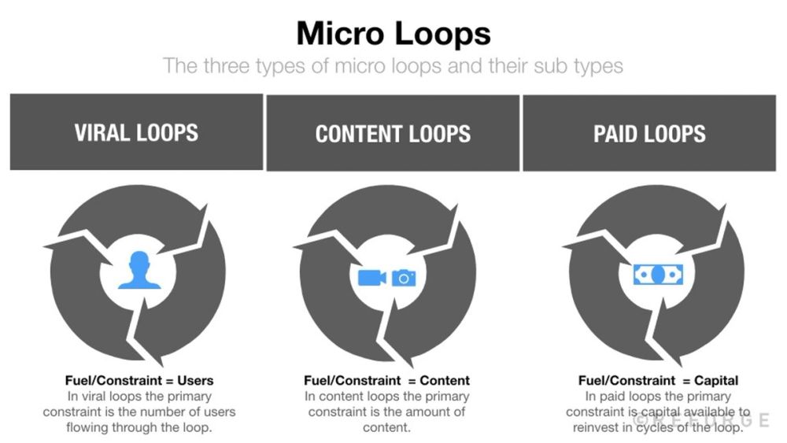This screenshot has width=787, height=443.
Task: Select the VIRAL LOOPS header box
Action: click(x=136, y=132)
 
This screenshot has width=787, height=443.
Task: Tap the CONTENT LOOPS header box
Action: click(x=393, y=133)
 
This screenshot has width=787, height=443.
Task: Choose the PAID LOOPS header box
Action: click(x=649, y=132)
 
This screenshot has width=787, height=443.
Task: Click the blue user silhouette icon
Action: click(x=139, y=270)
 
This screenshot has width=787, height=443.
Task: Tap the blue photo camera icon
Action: click(x=403, y=277)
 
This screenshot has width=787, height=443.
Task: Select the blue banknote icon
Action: click(x=658, y=274)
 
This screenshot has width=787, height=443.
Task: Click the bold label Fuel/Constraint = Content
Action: click(x=386, y=381)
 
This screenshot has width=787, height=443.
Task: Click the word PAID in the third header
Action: click(x=618, y=132)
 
